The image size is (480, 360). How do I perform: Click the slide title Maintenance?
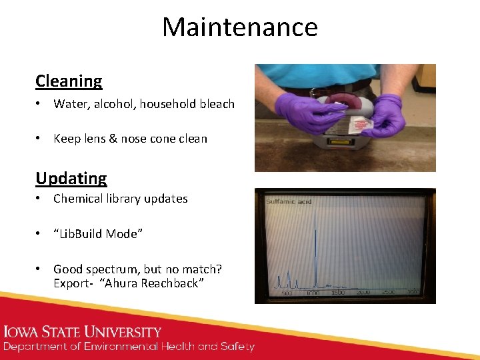pyautogui.click(x=240, y=27)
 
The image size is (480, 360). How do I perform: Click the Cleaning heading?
pyautogui.click(x=69, y=81)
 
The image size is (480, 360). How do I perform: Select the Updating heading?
pyautogui.click(x=71, y=179)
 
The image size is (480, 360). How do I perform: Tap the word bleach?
pyautogui.click(x=217, y=104)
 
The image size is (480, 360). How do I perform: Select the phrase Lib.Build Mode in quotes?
pyautogui.click(x=98, y=233)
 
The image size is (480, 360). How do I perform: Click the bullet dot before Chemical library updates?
pyautogui.click(x=40, y=199)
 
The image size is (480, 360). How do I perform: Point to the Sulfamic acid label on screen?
pyautogui.click(x=288, y=201)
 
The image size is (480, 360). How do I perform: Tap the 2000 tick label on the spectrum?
pyautogui.click(x=363, y=293)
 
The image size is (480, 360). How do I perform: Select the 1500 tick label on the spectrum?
pyautogui.click(x=338, y=293)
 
